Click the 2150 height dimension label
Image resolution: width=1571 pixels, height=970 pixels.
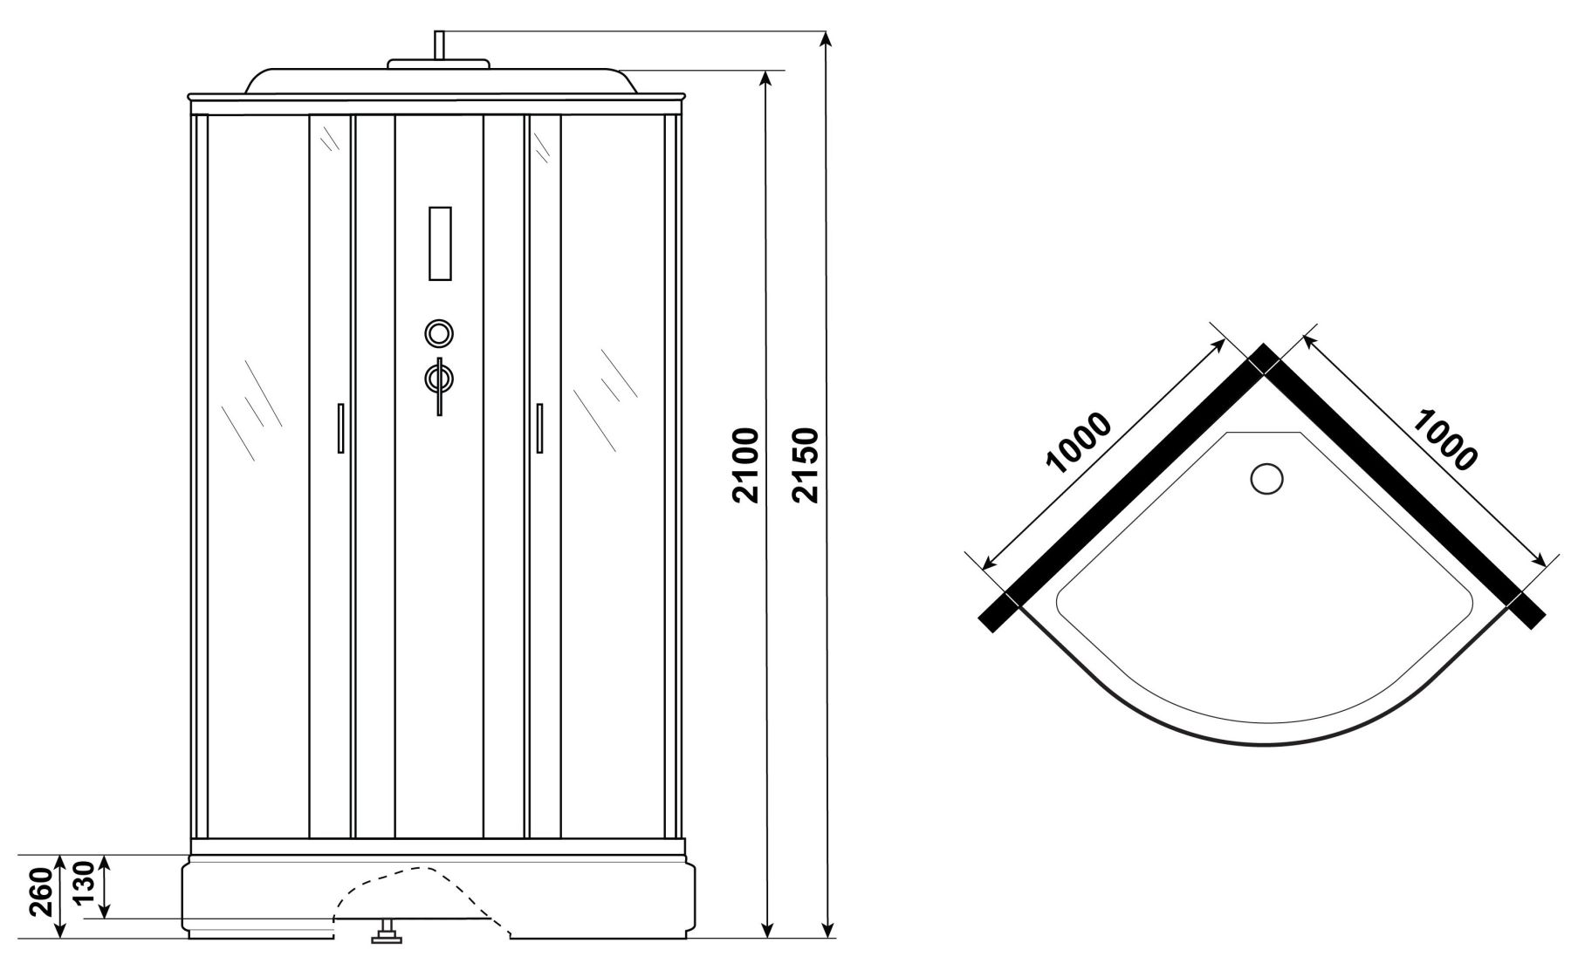[x=805, y=466]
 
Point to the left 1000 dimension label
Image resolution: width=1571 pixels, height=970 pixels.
[x=1080, y=442]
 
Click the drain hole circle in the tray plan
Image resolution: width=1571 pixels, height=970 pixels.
[x=1266, y=479]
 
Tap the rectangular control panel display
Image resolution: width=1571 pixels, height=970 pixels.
[x=440, y=243]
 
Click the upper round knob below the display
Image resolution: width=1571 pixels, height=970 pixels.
[x=439, y=333]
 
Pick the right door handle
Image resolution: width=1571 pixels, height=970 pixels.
[x=539, y=427]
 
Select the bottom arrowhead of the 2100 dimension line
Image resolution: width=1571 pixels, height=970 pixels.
[x=766, y=930]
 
